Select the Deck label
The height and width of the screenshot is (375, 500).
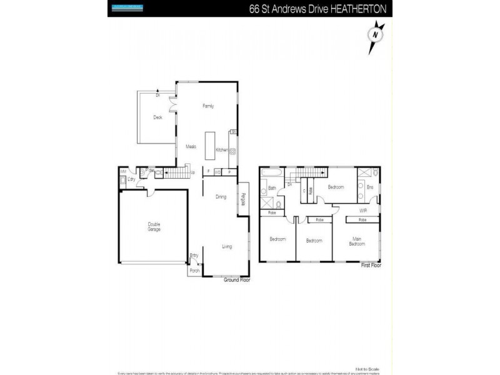158,117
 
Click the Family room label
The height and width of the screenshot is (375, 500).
208,106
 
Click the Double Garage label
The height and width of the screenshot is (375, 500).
154,227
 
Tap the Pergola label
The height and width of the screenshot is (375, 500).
242,198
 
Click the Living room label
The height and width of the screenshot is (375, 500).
226,246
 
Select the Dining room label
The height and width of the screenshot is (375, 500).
221,197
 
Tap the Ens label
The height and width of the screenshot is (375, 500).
369,187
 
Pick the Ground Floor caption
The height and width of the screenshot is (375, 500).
237,280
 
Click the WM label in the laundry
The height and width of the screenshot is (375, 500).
123,171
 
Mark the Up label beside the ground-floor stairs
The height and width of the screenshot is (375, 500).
192,172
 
